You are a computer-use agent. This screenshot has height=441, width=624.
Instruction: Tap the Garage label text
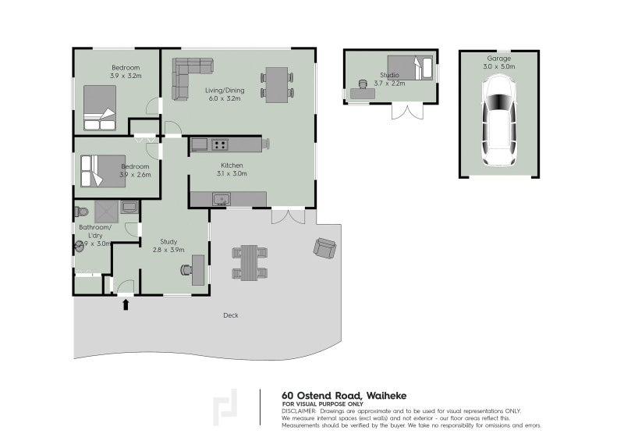coord(498,59)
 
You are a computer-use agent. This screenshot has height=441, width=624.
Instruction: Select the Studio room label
coord(390,76)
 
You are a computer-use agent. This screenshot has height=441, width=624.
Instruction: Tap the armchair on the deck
coord(325,248)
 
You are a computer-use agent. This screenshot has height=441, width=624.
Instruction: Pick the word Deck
coord(230,315)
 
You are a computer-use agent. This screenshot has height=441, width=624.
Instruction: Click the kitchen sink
coord(222,200)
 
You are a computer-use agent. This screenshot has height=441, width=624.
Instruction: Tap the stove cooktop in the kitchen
coord(220,144)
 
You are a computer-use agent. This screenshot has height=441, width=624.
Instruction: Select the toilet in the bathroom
coord(81,211)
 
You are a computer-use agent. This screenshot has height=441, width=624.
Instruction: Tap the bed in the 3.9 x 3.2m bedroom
coord(100,108)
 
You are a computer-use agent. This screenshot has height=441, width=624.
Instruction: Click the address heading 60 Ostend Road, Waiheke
coord(344,396)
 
